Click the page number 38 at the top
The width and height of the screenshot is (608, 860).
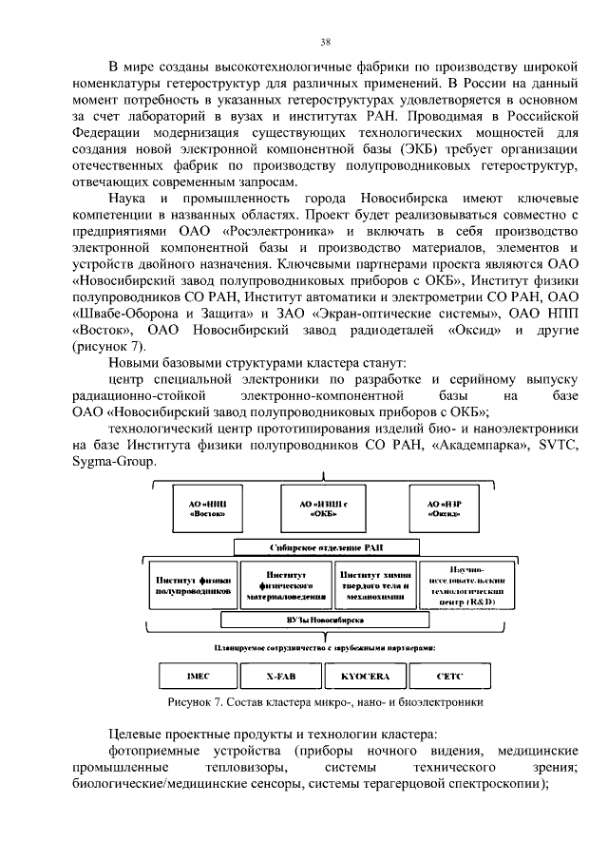324,42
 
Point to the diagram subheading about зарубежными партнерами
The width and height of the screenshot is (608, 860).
325,647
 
